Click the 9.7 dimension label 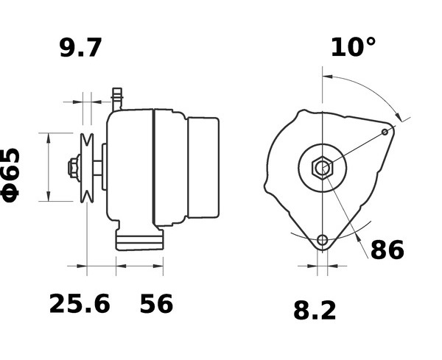click(80, 48)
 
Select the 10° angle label click(353, 47)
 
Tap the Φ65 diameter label click(10, 175)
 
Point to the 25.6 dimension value click(80, 303)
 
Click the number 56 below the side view click(156, 303)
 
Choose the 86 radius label click(387, 250)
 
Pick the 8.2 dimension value click(315, 311)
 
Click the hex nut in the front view click(322, 168)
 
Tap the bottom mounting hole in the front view click(322, 240)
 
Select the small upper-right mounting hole click(385, 132)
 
